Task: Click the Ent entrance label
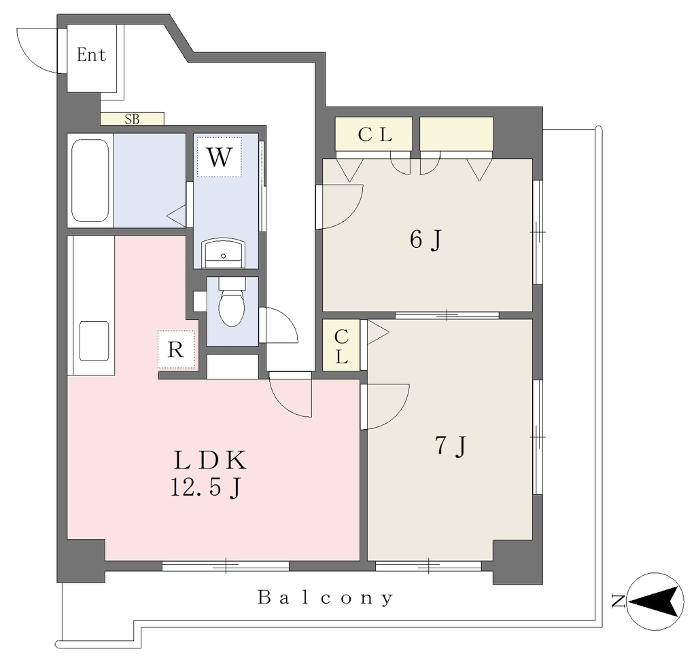click(92, 55)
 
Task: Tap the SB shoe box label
click(132, 119)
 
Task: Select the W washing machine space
click(220, 157)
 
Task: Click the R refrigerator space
click(176, 350)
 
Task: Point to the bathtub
click(90, 181)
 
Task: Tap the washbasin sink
click(223, 253)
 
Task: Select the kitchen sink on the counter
click(94, 341)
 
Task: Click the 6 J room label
click(425, 240)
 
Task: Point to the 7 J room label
click(451, 445)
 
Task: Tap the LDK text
click(209, 460)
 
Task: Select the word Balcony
click(326, 597)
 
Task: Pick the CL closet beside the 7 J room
click(341, 345)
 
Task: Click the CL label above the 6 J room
click(375, 134)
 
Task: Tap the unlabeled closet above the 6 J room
click(457, 134)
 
